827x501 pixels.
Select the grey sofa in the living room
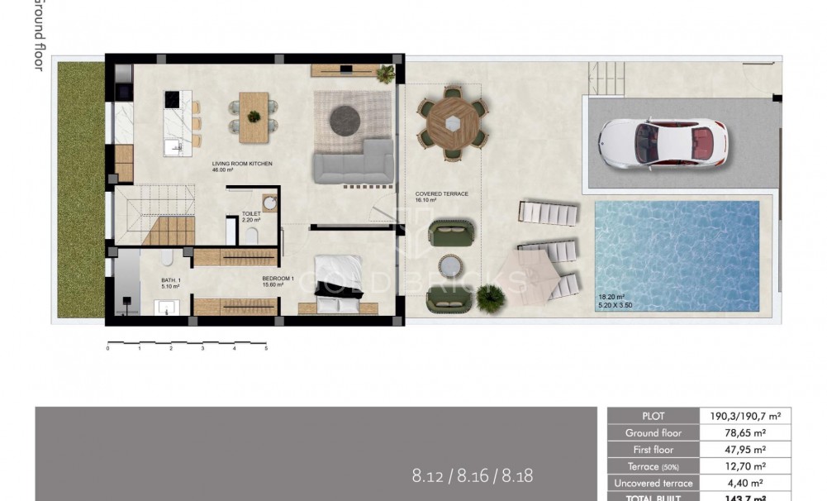click(x=353, y=162)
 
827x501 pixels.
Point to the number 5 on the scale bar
click(x=266, y=349)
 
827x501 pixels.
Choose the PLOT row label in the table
click(x=653, y=417)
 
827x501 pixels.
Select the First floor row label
click(x=653, y=450)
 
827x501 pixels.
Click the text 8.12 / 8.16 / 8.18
click(x=472, y=475)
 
